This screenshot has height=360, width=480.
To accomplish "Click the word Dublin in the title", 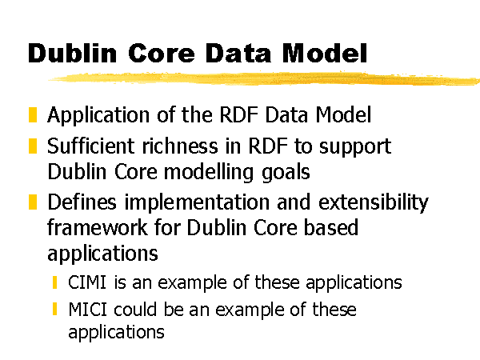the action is (72, 53).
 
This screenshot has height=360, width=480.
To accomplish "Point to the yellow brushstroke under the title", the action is (264, 78).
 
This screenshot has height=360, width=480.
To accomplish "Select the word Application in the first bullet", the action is (98, 116).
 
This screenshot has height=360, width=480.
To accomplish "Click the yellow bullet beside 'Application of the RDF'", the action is (33, 114).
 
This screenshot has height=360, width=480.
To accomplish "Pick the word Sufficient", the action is (91, 146).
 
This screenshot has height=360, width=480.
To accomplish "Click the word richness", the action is (180, 146).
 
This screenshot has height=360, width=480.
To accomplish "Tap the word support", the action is (355, 147).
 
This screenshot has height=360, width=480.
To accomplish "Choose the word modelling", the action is (209, 172).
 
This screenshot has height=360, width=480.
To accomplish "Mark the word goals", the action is (286, 173).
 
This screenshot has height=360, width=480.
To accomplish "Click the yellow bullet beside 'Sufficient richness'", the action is (33, 146).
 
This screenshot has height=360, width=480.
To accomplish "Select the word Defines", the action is (82, 202).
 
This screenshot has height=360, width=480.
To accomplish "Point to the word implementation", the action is (197, 203).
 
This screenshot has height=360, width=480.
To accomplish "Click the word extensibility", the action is (374, 202).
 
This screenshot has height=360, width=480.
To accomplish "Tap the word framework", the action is (98, 228).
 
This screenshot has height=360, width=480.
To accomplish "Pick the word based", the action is (331, 227).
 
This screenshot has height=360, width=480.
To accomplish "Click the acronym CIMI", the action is (87, 282).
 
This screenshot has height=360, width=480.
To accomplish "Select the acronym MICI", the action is (87, 309).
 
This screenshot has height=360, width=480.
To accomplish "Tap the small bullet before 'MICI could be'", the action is (54, 309).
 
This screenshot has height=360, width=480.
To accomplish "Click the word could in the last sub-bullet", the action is (135, 309).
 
